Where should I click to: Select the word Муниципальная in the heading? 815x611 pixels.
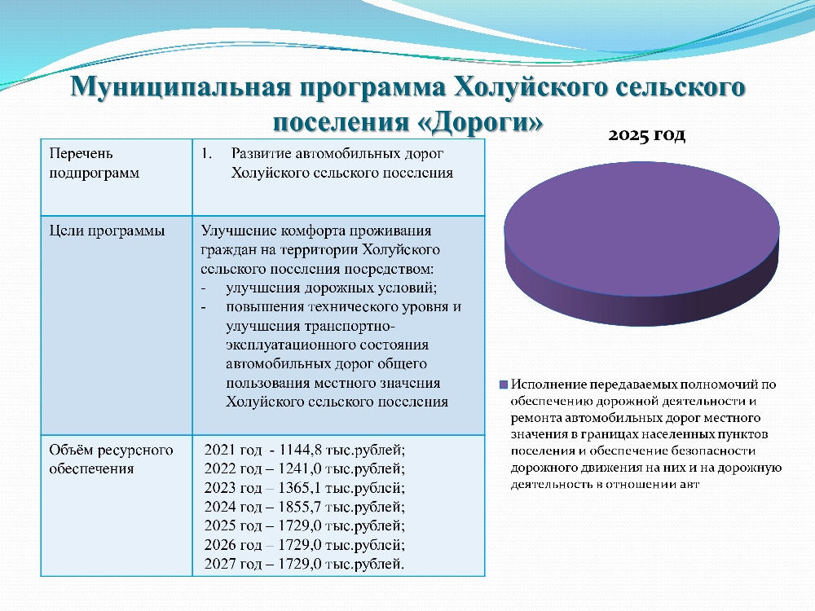(x=180, y=87)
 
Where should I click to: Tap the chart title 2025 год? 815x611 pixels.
(x=646, y=134)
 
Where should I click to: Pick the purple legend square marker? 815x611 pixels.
(x=503, y=385)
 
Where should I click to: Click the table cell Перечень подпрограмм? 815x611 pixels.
(x=117, y=177)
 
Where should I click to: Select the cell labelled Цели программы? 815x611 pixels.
(x=117, y=325)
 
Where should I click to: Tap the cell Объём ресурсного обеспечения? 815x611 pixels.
(x=117, y=506)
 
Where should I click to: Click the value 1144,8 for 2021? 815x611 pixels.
(x=301, y=450)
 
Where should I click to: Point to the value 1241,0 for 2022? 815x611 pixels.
(x=300, y=468)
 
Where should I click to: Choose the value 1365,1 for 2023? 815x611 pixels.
(x=300, y=488)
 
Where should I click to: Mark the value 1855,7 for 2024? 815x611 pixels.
(x=300, y=507)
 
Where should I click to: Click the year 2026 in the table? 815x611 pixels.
(x=218, y=544)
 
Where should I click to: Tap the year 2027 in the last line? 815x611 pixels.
(x=218, y=564)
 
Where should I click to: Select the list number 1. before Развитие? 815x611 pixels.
(x=207, y=153)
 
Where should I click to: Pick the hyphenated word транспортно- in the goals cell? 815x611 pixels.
(x=350, y=327)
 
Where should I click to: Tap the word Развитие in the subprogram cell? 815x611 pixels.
(x=262, y=154)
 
